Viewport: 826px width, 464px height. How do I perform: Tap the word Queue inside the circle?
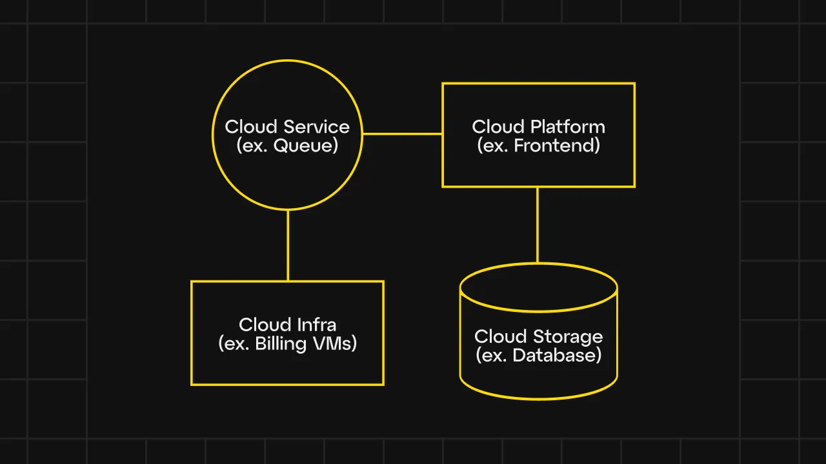click(306, 146)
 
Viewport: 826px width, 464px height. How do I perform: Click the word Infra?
click(314, 324)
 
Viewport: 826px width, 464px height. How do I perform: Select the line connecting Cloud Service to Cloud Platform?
click(402, 134)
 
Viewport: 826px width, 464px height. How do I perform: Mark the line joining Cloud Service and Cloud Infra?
click(288, 245)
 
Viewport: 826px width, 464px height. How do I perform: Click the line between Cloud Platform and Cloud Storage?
click(538, 225)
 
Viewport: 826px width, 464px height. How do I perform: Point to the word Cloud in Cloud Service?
click(251, 127)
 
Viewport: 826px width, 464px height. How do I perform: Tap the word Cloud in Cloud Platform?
click(498, 127)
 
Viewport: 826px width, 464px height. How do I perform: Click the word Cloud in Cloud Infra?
click(265, 324)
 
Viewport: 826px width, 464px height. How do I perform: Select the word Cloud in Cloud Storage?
click(500, 336)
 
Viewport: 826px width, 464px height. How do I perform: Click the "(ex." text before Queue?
click(252, 146)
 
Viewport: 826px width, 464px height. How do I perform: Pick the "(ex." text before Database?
click(492, 355)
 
